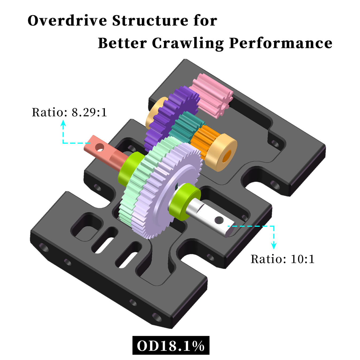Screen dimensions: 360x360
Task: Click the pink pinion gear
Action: [211, 95]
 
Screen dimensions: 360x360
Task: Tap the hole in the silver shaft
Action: [219, 220]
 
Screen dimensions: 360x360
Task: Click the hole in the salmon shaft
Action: [100, 147]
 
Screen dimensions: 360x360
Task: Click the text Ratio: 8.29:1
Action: [69, 112]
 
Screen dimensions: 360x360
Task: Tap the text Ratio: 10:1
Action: [282, 259]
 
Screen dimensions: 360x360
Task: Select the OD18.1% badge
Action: [171, 346]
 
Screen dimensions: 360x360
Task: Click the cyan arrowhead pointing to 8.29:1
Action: [63, 123]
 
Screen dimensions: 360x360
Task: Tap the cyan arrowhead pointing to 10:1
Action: [273, 246]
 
